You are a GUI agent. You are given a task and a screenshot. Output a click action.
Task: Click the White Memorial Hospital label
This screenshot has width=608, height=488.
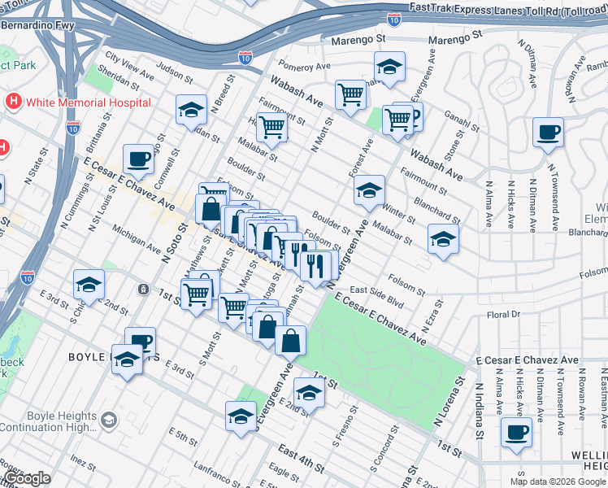tap(88, 102)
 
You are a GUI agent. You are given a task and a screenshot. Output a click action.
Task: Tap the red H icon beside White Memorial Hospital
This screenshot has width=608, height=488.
tap(14, 102)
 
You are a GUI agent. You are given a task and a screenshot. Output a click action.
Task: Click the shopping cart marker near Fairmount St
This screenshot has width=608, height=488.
tap(271, 126)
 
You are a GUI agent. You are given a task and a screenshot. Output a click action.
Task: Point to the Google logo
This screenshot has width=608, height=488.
tap(28, 478)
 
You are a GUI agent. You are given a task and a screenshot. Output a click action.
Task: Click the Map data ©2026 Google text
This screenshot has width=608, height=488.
tap(557, 481)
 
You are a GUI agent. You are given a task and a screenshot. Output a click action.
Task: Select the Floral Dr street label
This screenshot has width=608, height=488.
tap(508, 315)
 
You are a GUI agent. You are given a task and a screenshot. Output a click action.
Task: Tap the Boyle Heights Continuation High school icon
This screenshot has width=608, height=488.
tap(109, 420)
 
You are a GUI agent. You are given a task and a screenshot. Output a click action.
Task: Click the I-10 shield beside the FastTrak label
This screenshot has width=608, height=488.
tap(394, 20)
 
